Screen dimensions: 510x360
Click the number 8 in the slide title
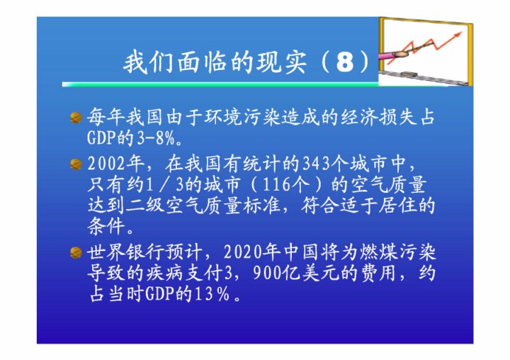coord(345,62)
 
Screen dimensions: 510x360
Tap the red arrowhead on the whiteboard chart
coord(458,34)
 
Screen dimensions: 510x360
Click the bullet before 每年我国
coord(76,118)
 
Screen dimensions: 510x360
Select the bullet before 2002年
coord(76,164)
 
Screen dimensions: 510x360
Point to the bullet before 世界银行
coord(76,252)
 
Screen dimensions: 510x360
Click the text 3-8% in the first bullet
coord(156,139)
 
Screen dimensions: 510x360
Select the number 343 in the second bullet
coord(314,164)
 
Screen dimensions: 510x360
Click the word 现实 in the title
coord(281,62)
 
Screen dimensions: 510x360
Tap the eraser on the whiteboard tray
coord(409,74)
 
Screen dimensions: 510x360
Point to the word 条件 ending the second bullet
coord(106,227)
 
